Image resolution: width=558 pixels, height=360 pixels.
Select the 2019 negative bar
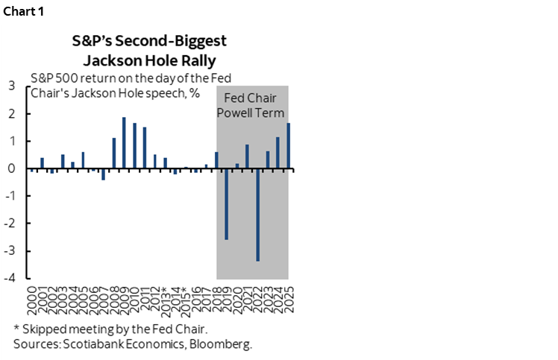coord(227,204)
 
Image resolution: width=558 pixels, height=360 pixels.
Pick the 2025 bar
coord(288,146)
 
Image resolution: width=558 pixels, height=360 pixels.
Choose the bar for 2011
coord(144,148)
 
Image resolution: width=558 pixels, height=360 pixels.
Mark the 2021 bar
coord(247,157)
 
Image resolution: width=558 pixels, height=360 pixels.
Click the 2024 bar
coord(278,153)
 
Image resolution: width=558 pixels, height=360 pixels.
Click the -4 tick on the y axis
coord(12,278)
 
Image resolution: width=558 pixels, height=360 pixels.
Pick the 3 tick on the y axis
coord(13,86)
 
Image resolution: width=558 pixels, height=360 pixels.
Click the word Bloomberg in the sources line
coord(221,344)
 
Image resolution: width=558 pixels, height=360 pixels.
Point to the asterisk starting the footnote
coord(16,329)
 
